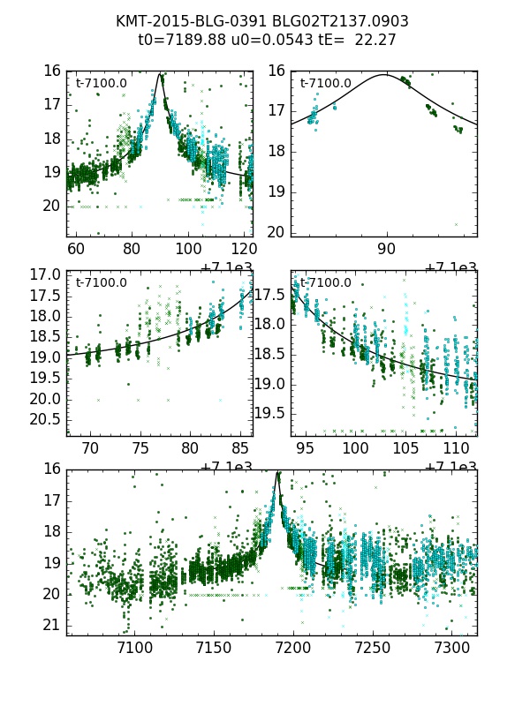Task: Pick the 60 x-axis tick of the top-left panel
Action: coord(76,250)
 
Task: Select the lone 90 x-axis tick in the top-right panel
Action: coord(386,250)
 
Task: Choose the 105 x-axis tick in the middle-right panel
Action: coord(405,449)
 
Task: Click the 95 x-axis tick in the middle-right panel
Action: coord(306,449)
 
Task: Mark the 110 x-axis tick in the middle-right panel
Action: coord(456,449)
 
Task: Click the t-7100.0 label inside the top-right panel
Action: coord(325,84)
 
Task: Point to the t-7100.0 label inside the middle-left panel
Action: coord(101,283)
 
